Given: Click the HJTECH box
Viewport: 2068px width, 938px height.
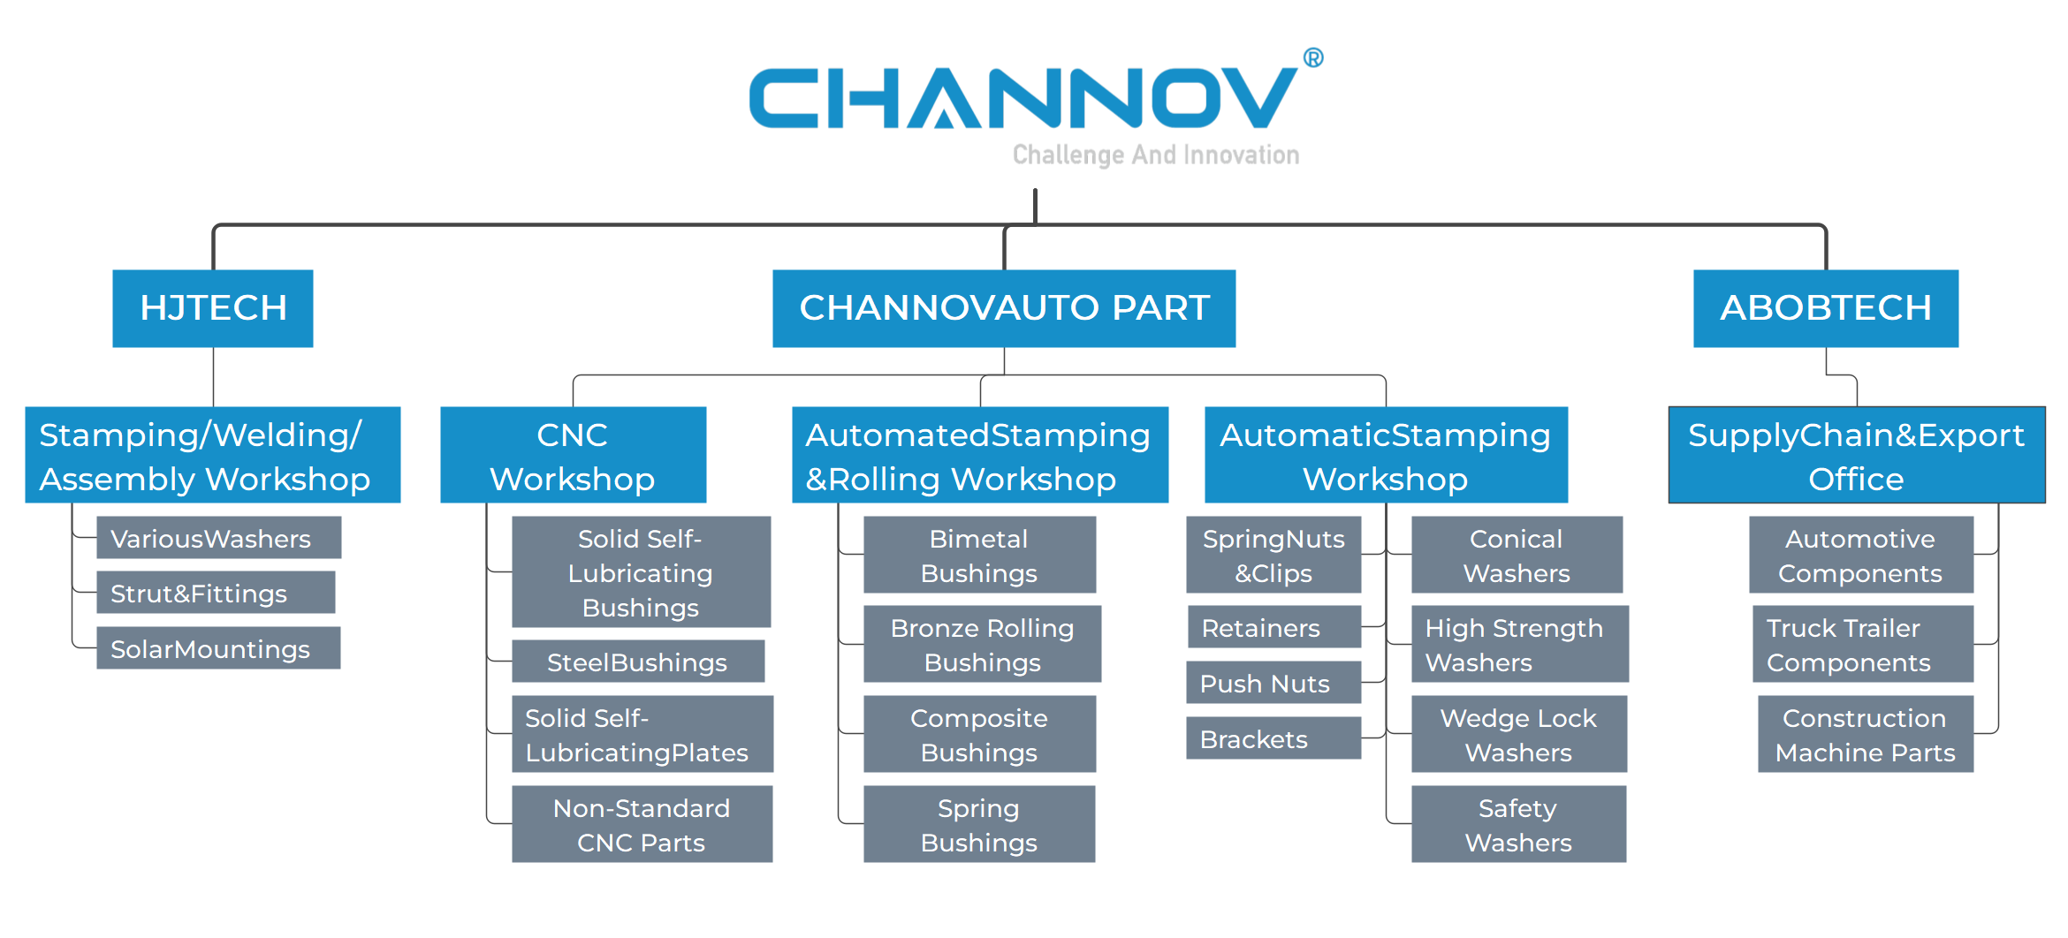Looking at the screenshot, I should [213, 308].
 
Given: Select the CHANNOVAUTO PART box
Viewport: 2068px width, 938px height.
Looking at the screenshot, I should [1004, 308].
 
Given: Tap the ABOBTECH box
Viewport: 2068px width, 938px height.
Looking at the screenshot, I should [1826, 308].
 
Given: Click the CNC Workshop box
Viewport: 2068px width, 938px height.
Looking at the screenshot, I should [573, 456].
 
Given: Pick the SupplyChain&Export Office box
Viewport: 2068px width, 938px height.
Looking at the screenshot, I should [1856, 456].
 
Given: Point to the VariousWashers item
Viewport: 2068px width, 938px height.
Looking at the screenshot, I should [218, 538].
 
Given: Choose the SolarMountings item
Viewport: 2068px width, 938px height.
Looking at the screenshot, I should [218, 648].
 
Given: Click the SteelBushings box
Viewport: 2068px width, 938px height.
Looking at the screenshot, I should [637, 662].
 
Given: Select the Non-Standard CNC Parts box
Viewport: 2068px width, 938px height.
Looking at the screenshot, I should [642, 824].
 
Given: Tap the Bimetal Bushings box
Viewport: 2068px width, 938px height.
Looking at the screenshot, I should [979, 556].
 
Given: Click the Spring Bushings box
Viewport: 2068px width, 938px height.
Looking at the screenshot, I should [979, 824].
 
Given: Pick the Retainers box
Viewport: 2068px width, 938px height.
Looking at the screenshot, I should [1273, 628].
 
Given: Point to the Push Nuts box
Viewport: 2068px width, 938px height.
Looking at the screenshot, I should [1273, 683].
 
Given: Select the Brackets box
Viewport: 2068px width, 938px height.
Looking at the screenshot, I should [1273, 738].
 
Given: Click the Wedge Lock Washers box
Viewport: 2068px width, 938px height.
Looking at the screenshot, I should [1518, 734].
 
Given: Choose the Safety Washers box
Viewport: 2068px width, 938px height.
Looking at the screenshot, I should [1518, 824].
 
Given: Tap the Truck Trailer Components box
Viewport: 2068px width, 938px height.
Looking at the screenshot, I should [1862, 644].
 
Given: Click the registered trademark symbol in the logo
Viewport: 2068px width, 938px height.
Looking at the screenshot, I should [1313, 58].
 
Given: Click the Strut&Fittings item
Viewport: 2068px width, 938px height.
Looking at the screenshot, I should [216, 593].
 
